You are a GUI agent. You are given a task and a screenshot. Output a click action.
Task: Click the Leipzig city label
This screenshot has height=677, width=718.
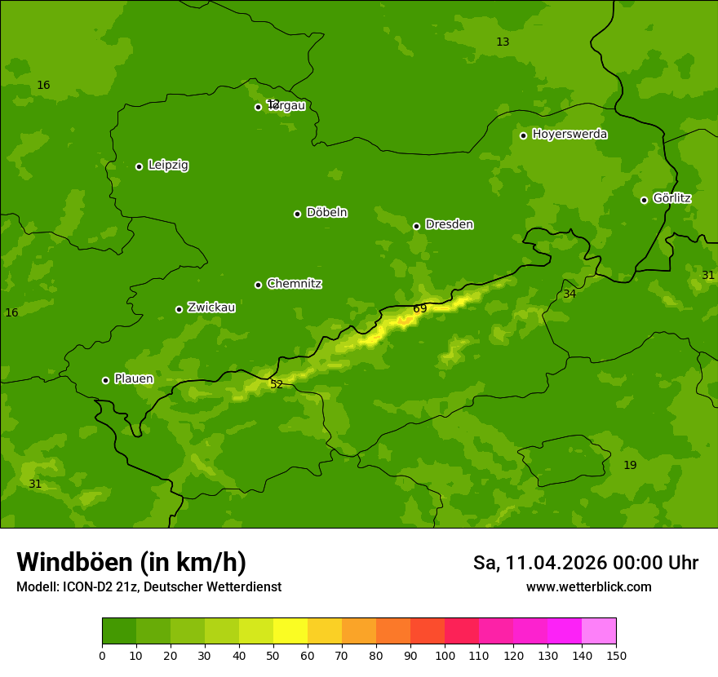coord(168,166)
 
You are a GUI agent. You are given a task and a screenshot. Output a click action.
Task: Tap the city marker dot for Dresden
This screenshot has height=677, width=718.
coord(416,226)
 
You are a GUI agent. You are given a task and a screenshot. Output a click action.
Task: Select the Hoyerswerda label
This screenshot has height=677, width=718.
coord(570,135)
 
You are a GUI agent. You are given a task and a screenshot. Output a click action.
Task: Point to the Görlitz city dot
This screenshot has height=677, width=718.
coord(644,200)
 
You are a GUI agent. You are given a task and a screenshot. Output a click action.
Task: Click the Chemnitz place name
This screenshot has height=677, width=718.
coord(294,284)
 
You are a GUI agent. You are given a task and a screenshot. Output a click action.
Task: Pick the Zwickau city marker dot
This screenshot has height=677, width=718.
coord(179,309)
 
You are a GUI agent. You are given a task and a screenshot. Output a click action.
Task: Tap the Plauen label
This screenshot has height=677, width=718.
coord(134,379)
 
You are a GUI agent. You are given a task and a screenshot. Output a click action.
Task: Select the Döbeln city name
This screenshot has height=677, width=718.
coord(326,213)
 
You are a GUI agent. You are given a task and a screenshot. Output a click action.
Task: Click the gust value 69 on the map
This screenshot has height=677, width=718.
coord(420,308)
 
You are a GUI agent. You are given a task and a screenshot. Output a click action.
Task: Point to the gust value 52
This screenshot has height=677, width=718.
coord(277,384)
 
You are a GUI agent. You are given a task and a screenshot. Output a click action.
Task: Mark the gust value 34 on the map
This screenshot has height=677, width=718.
coord(570,294)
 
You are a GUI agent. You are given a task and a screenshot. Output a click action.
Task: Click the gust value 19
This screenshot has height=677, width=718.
coord(630,465)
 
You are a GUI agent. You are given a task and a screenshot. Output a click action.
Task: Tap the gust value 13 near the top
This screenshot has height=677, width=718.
coord(503,42)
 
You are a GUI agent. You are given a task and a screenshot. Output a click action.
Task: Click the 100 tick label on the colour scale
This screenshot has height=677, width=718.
coord(445,655)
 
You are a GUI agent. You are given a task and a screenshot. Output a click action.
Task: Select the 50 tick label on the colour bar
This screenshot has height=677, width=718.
coord(273,655)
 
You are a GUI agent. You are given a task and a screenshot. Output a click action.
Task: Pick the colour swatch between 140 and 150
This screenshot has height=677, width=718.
coord(599,631)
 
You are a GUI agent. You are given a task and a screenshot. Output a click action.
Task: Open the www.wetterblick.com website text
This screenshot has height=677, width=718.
coord(588,587)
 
